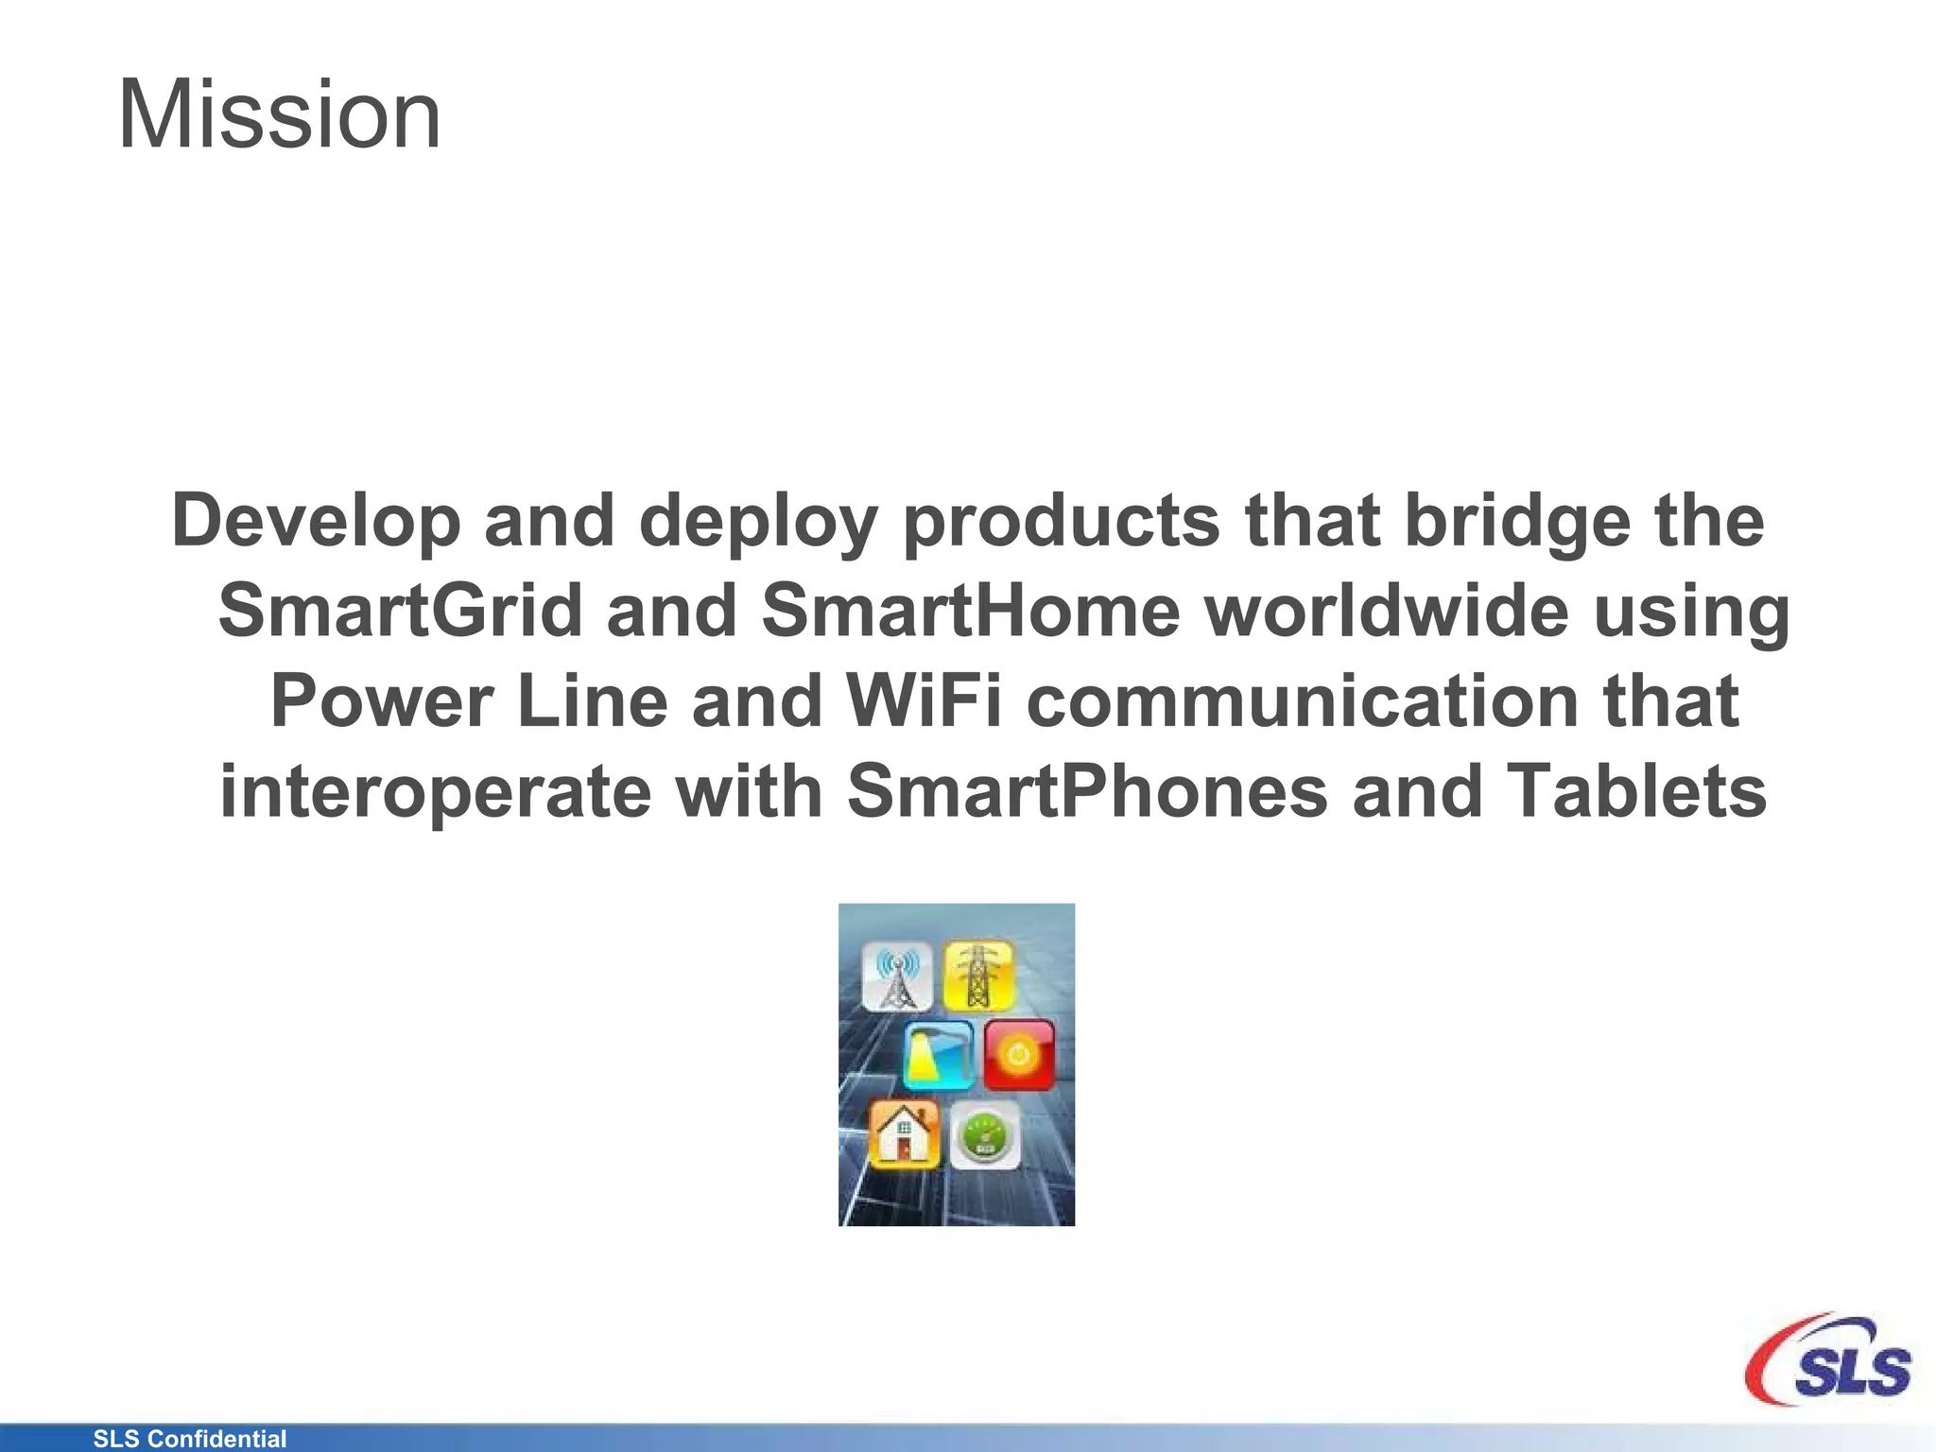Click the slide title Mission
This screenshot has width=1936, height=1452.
(279, 115)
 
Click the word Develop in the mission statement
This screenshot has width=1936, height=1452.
(315, 522)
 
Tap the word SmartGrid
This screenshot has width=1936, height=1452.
(400, 611)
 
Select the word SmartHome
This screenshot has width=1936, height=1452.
(971, 611)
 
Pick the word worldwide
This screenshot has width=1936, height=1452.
(1388, 611)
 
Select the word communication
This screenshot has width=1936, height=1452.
(1303, 701)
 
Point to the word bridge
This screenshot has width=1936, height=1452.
(1518, 522)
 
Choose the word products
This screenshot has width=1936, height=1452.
(1062, 522)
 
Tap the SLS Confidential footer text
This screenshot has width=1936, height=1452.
(190, 1439)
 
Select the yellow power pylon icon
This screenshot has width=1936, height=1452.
(979, 975)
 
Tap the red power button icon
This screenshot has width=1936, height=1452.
(1018, 1054)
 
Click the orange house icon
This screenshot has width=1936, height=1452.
(904, 1133)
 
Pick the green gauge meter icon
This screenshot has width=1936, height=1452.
(985, 1135)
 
